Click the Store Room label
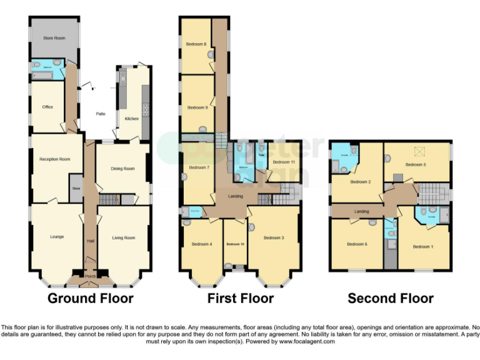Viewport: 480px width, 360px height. [54, 38]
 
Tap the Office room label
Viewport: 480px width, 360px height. [47, 107]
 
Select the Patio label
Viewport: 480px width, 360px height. [100, 114]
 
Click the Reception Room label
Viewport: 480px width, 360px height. [55, 159]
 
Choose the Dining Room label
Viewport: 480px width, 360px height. [123, 168]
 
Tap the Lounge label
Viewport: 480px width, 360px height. [57, 237]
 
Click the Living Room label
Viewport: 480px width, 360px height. [123, 237]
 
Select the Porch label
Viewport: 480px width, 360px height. [91, 276]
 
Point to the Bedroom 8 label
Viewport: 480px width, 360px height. [196, 44]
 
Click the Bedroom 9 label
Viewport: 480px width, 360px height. [197, 107]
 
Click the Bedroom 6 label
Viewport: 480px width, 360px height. [357, 244]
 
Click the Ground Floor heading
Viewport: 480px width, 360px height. [91, 298]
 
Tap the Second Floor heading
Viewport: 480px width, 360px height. [391, 298]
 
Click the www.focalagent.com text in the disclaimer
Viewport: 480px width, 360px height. [306, 342]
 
